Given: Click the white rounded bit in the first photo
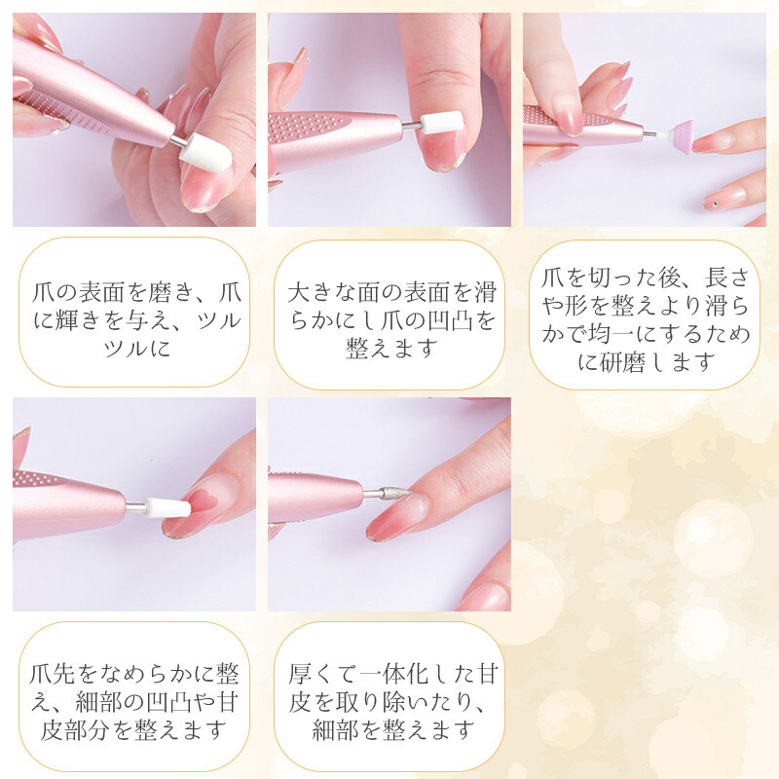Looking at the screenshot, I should point(205,153).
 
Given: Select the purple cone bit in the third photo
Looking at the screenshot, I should point(681,135).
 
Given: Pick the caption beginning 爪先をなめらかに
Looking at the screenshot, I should point(134,701).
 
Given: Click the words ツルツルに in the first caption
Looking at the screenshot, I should point(136,347).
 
